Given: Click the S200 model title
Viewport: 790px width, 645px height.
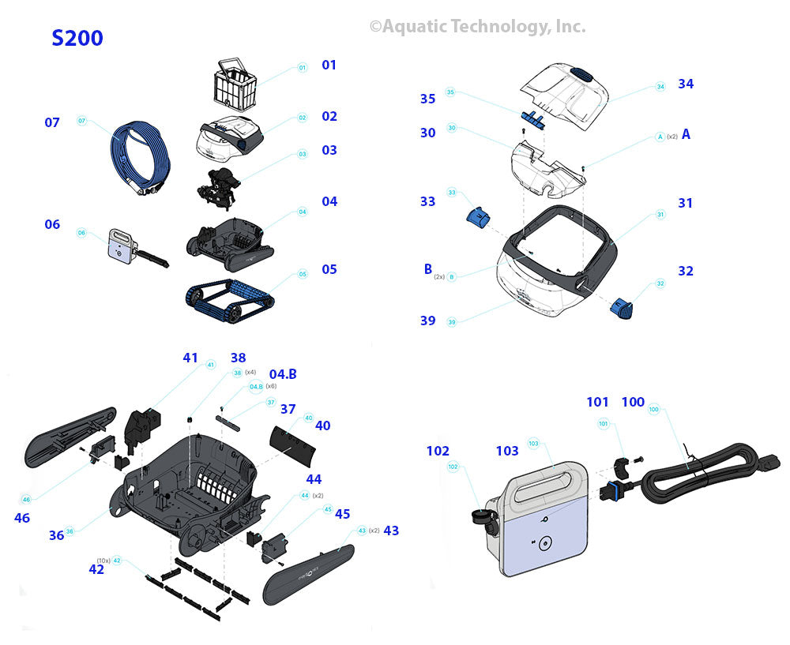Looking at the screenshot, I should pyautogui.click(x=77, y=38).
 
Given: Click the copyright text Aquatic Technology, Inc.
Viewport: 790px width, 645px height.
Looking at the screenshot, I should pyautogui.click(x=478, y=27).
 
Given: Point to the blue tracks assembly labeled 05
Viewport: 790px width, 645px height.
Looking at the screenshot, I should pyautogui.click(x=230, y=301).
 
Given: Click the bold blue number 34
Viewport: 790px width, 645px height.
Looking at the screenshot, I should pyautogui.click(x=686, y=84).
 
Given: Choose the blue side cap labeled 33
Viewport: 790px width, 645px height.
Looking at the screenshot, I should pyautogui.click(x=479, y=218).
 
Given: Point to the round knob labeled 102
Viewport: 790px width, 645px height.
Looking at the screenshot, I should pyautogui.click(x=480, y=516).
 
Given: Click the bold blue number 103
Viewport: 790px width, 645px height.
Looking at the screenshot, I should pyautogui.click(x=507, y=451).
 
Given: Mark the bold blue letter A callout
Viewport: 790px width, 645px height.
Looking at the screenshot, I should pyautogui.click(x=686, y=134).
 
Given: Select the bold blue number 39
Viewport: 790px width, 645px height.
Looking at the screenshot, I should pyautogui.click(x=427, y=321).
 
